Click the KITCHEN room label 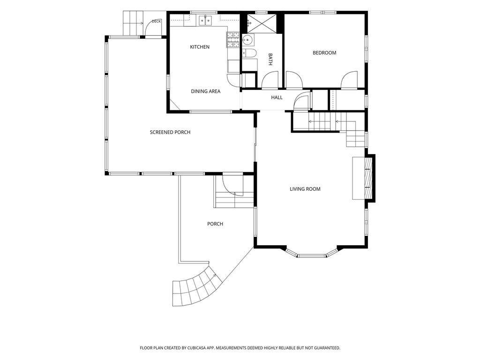[x=200, y=47]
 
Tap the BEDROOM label [x=324, y=52]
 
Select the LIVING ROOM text [x=305, y=189]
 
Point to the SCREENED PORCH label [x=170, y=132]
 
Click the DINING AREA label [x=205, y=91]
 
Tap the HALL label [x=277, y=97]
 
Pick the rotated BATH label [x=270, y=60]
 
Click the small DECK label [x=156, y=22]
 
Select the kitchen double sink [x=205, y=21]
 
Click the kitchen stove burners [x=233, y=40]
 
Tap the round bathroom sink [x=247, y=40]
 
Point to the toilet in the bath [x=249, y=53]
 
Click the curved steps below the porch [x=195, y=287]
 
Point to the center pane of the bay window [x=312, y=255]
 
